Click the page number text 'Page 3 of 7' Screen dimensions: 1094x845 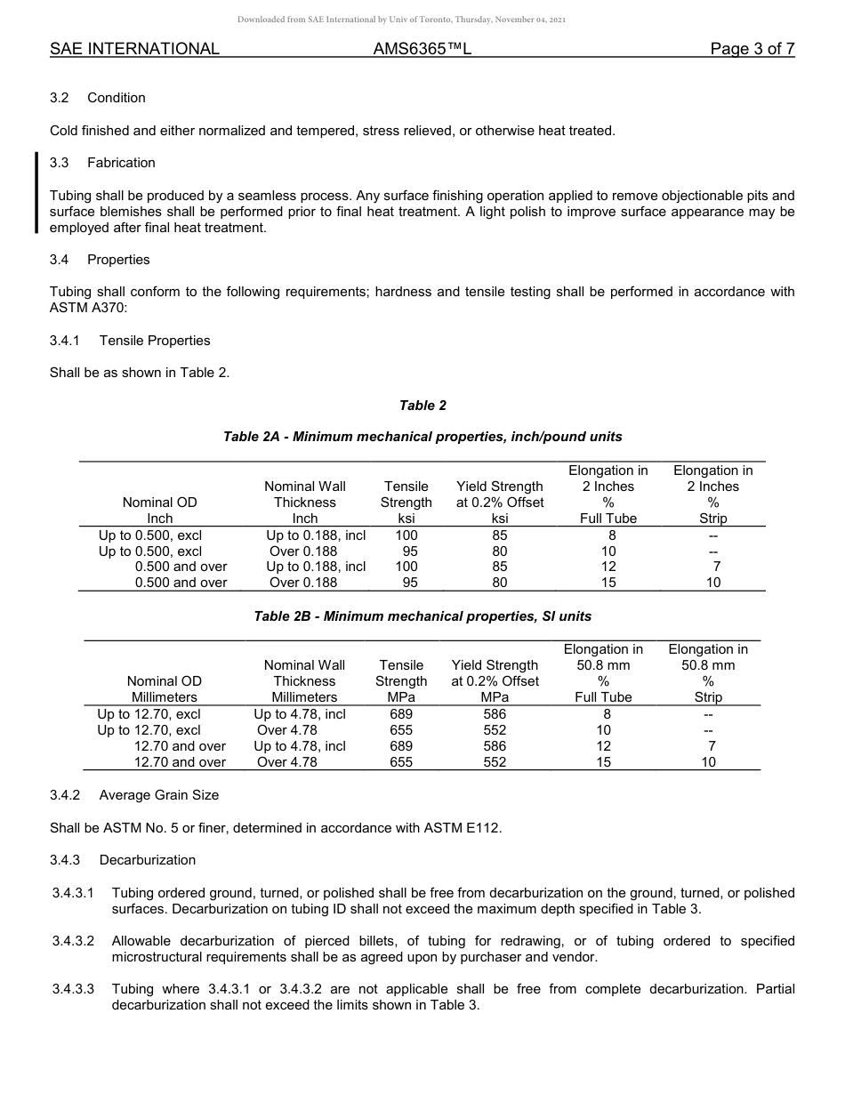pyautogui.click(x=752, y=49)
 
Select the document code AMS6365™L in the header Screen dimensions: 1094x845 pyautogui.click(x=422, y=49)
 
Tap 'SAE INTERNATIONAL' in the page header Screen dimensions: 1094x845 pyautogui.click(x=134, y=49)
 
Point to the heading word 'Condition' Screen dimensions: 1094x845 pyautogui.click(x=116, y=98)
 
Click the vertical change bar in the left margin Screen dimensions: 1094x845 pyautogui.click(x=36, y=192)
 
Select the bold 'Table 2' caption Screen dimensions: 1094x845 pyautogui.click(x=422, y=406)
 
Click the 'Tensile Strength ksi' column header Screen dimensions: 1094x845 pyautogui.click(x=406, y=503)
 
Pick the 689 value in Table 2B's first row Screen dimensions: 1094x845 pyautogui.click(x=401, y=714)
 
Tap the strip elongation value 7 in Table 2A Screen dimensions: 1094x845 pyautogui.click(x=716, y=567)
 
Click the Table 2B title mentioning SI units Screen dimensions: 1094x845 pyautogui.click(x=422, y=616)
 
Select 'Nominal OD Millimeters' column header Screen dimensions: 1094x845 pyautogui.click(x=165, y=689)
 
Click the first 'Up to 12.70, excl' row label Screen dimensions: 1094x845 pyautogui.click(x=149, y=714)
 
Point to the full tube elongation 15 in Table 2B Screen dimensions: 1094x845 pyautogui.click(x=604, y=762)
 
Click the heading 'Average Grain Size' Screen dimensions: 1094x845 pyautogui.click(x=158, y=795)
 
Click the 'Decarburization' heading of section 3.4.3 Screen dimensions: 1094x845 pyautogui.click(x=147, y=860)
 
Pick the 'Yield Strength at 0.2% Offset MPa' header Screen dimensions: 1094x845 pyautogui.click(x=495, y=681)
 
